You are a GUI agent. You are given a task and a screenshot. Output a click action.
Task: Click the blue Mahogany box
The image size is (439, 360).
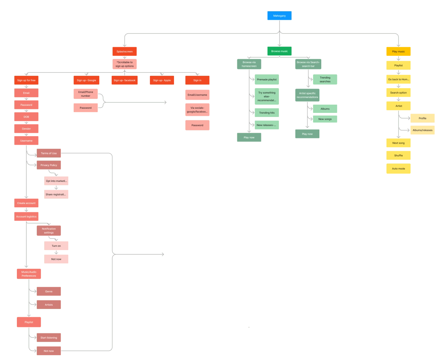tap(279, 16)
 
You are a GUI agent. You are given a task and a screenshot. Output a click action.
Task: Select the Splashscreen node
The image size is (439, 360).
tap(124, 51)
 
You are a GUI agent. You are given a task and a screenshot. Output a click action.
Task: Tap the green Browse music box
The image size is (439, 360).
tap(279, 51)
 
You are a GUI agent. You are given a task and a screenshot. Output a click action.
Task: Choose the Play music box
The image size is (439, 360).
tap(399, 51)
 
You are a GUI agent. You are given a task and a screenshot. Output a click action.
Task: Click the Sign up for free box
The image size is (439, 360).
tap(26, 80)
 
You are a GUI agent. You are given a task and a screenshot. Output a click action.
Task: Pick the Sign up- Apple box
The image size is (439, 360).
tap(162, 80)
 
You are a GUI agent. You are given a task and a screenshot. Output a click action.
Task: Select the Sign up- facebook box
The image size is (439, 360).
tap(124, 80)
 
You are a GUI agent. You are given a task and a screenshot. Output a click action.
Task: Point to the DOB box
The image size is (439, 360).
tap(26, 117)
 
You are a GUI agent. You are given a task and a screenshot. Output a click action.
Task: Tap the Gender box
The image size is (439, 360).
tap(26, 129)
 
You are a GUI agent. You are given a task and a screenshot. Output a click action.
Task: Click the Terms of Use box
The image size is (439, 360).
tap(49, 153)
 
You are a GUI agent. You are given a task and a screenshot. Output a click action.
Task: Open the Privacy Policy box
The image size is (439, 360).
tap(49, 165)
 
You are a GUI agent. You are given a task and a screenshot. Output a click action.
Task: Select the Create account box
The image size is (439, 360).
tap(26, 203)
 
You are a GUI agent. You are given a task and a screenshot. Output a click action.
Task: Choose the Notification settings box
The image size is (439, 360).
tap(49, 231)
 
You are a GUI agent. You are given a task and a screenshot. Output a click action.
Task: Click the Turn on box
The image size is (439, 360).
tap(56, 246)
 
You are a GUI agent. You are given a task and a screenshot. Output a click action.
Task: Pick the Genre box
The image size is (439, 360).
tap(49, 291)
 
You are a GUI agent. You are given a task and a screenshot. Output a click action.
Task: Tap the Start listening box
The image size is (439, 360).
tap(49, 337)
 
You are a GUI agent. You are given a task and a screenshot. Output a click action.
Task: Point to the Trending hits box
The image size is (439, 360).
tap(267, 112)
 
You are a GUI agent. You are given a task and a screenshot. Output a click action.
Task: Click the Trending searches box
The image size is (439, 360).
tap(325, 79)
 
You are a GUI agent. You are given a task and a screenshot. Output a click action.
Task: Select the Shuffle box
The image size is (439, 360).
tap(399, 155)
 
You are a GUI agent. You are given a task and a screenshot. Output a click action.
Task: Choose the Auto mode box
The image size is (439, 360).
tap(399, 169)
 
